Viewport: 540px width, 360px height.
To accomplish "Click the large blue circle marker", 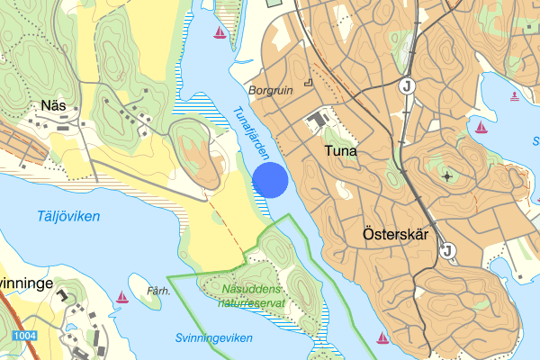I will tap(270, 179).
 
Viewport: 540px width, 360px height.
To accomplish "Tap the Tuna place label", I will tap(338, 151).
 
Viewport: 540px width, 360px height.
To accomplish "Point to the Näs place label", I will tap(52, 106).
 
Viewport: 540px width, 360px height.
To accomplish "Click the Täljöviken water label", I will tap(57, 216).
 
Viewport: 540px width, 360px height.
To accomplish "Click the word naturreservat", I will tap(251, 302).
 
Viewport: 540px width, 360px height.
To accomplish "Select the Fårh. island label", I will tap(157, 292).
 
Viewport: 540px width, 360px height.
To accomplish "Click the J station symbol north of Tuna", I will tap(408, 86).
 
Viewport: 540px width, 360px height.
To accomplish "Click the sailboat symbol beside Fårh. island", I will tap(122, 296).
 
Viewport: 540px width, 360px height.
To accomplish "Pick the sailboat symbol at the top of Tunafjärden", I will tap(220, 33).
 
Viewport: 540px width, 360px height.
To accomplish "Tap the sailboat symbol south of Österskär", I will tap(382, 338).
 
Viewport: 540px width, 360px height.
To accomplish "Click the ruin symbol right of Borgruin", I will tap(308, 83).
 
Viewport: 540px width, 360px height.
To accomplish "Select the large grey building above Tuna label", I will tap(317, 120).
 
